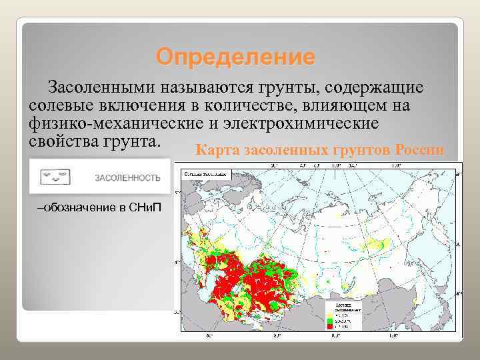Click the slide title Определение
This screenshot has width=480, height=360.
coord(235,57)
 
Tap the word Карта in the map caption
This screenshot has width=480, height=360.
coord(217,150)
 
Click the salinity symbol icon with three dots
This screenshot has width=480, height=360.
coord(55,177)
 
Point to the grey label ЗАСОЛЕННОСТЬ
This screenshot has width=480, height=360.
coord(127,178)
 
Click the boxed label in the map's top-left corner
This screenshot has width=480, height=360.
coord(204,173)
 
